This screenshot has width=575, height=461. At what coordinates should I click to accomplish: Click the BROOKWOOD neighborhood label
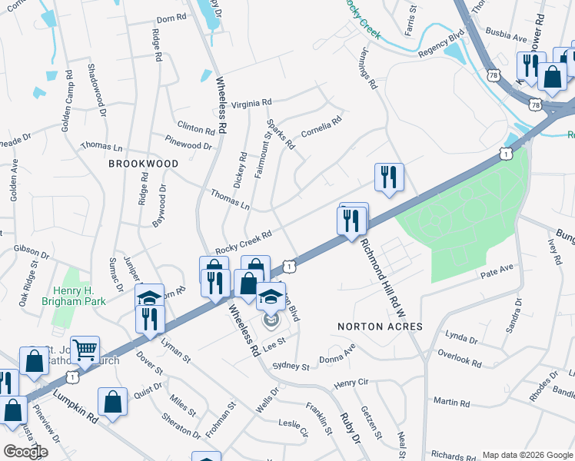point(143,164)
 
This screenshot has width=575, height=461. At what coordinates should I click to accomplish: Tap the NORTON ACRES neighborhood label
point(381,327)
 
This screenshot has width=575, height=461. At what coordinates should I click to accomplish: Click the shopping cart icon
point(85,350)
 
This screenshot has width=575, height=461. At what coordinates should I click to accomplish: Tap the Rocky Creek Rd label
point(244,242)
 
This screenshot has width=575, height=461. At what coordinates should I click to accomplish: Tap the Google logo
point(25,451)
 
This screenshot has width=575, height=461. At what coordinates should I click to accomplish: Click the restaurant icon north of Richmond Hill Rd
point(389,177)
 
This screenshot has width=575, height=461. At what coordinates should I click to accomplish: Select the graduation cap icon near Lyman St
point(149,297)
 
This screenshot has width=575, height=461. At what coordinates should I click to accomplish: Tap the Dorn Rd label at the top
point(171,18)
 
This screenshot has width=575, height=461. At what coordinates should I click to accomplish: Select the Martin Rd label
point(451,403)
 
